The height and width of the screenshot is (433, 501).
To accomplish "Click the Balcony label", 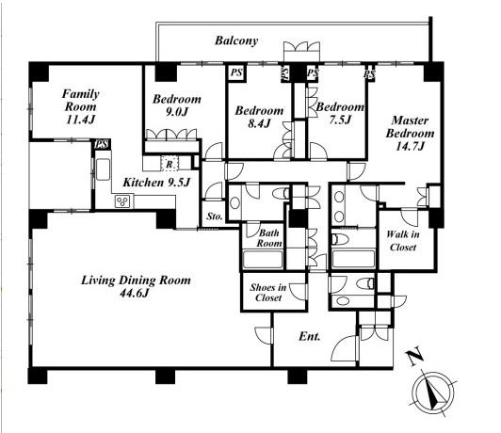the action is [x=236, y=40].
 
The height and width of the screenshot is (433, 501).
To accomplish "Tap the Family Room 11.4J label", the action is [x=81, y=106].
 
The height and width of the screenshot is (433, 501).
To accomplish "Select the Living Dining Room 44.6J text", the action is [x=136, y=286].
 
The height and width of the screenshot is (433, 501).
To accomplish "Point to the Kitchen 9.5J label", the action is [x=156, y=183].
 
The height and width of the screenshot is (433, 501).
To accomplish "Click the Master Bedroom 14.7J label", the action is [x=410, y=133].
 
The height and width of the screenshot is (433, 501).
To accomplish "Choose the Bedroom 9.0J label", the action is [x=177, y=105].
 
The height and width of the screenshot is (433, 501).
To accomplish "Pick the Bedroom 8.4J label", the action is [x=259, y=117].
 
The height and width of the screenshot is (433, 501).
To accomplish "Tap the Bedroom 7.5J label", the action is [x=340, y=113].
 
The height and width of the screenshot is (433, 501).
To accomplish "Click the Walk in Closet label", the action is [x=403, y=241].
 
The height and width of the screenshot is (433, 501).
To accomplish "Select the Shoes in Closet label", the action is [x=268, y=292].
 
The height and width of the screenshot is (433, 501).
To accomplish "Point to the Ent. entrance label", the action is [x=309, y=336].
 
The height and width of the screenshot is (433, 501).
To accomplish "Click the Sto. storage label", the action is [x=215, y=216].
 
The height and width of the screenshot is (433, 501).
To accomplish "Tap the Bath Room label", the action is [x=269, y=238].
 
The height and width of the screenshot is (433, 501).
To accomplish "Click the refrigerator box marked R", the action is [x=170, y=164].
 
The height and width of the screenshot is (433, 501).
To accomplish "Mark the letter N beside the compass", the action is [x=414, y=357].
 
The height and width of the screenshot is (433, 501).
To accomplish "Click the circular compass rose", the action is [x=433, y=393].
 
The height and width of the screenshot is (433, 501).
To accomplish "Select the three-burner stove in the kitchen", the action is [x=122, y=201].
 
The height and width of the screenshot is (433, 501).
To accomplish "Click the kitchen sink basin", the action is [x=103, y=169].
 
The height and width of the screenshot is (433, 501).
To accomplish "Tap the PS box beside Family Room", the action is [x=102, y=144].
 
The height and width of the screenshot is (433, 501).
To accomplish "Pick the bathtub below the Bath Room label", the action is [x=263, y=259].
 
